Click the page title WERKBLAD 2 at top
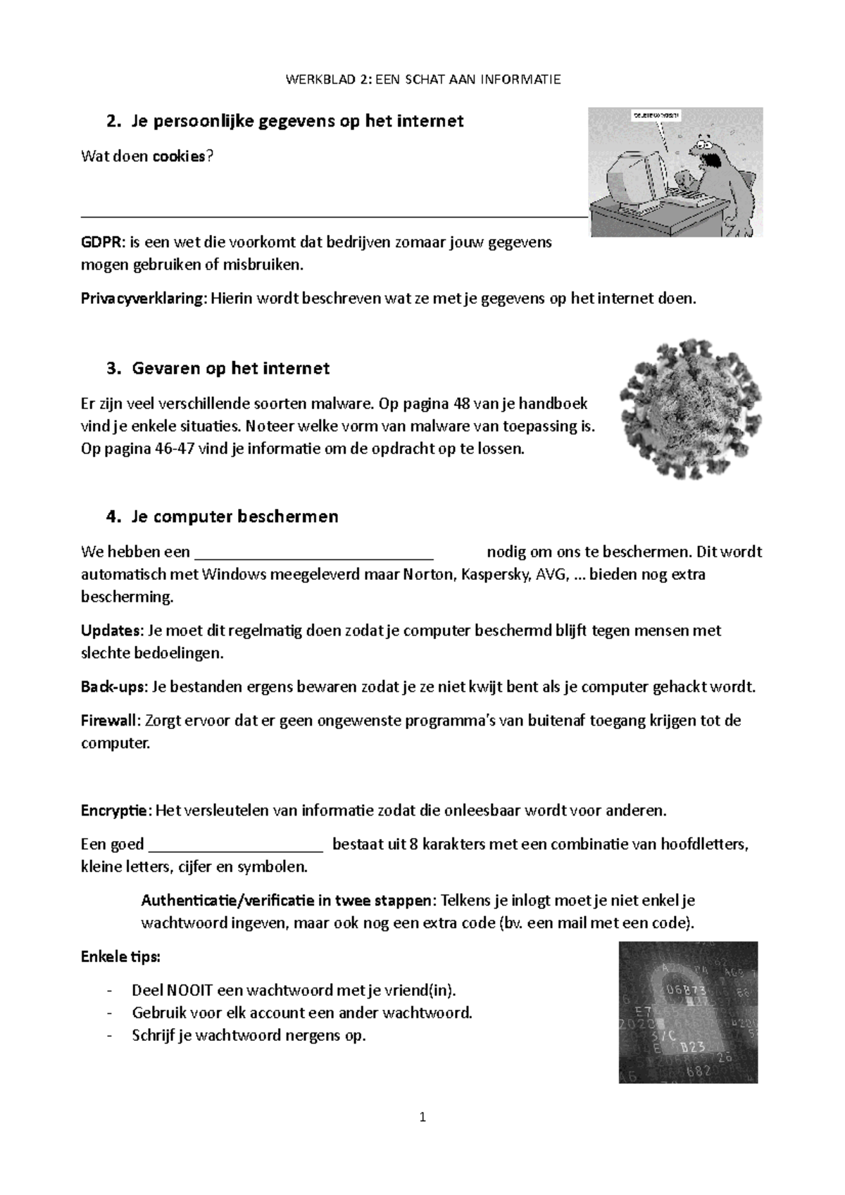[x=423, y=80]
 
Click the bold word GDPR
[x=101, y=243]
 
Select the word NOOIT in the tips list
[x=189, y=991]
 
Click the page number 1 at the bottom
[x=423, y=1117]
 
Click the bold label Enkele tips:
[x=120, y=957]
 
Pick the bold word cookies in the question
[x=180, y=156]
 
